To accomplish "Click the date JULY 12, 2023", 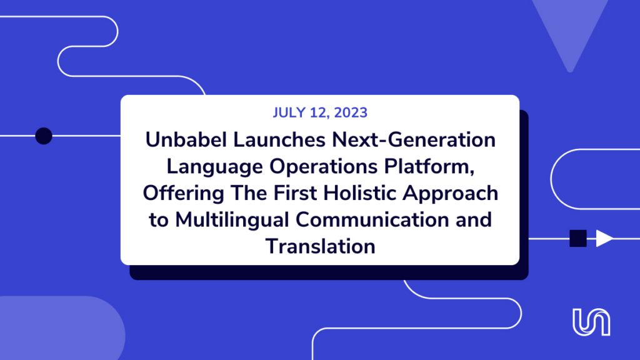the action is pos(320,112).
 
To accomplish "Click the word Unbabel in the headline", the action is pos(186,139).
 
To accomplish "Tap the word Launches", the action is pos(279,139).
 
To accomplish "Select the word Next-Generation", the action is pos(414,139).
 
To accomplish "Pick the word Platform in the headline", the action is pos(427,166).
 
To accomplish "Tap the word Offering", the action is pos(183,194).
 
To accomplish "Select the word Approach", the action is pos(451,194).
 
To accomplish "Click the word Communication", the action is pos(372,219).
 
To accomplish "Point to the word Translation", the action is pos(321,246).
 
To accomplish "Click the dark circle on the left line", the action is pos(44,136).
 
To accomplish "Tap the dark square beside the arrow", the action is pos(578,238).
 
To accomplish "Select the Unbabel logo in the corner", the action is pos(591,322).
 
